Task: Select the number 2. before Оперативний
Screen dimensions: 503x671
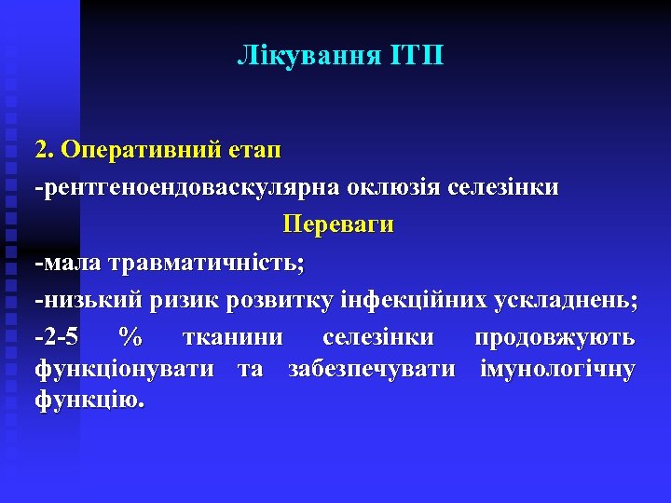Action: tap(46, 150)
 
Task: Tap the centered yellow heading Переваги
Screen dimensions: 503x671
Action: tap(337, 225)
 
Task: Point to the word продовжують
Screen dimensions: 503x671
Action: tap(555, 337)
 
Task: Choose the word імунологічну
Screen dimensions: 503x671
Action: tap(557, 370)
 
